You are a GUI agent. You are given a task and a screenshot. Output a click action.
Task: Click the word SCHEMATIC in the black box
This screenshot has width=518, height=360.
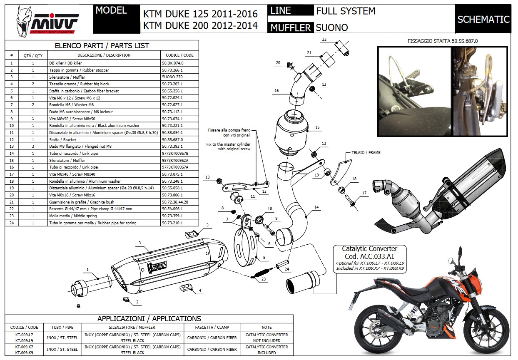coord(483,19)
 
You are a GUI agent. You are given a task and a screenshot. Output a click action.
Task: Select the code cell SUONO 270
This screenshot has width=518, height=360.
coord(172,77)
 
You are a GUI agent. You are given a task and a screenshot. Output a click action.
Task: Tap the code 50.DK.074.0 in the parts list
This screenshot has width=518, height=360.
coord(172,63)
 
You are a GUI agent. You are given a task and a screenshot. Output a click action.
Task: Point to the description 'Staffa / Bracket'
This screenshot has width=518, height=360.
coord(62,139)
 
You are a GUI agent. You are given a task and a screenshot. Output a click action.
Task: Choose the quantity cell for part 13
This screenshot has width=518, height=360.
coord(33,146)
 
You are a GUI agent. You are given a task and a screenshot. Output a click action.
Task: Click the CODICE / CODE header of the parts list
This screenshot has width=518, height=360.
coord(179,55)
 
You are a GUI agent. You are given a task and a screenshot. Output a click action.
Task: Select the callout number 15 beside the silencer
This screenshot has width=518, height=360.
coord(317,127)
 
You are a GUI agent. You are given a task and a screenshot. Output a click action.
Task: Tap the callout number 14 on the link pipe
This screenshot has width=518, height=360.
coord(316,207)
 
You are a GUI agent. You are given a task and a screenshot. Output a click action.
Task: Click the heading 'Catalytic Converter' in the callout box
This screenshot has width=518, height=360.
coord(369,248)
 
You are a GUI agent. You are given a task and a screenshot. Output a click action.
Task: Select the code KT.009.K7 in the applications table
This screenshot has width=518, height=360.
coord(24,346)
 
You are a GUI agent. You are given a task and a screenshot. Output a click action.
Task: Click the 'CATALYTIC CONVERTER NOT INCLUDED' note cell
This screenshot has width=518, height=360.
coord(266,338)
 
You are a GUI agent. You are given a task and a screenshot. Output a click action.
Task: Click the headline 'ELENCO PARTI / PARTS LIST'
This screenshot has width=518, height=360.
coord(102,46)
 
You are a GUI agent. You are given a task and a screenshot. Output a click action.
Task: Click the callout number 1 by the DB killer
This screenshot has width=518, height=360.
coord(87,270)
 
